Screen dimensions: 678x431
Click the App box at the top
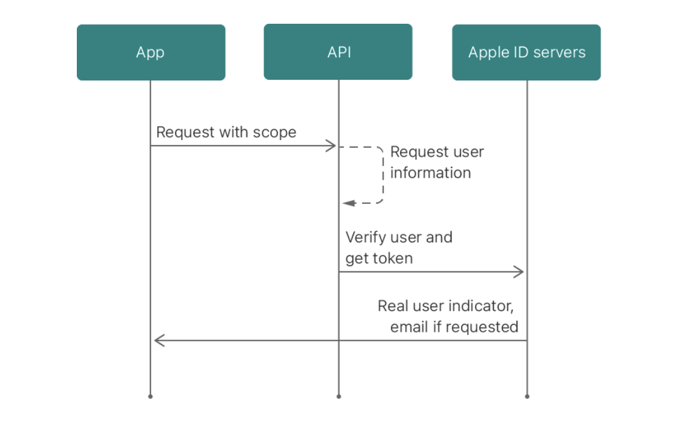point(151,52)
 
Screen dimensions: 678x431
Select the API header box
point(338,52)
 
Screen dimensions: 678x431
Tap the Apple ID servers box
point(526,52)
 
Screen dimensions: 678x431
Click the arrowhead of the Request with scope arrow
point(331,145)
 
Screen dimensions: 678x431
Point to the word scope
point(274,132)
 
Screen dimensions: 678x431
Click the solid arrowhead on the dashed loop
point(349,203)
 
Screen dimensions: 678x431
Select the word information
point(430,173)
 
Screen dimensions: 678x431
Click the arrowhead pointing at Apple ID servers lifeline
point(518,272)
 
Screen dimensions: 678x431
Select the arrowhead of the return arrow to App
point(160,340)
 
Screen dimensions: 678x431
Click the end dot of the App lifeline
point(151,396)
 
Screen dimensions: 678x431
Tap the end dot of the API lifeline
point(338,396)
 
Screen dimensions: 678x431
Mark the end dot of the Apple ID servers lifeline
point(527,396)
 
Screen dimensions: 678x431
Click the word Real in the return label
point(393,306)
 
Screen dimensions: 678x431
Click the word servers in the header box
point(560,52)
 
